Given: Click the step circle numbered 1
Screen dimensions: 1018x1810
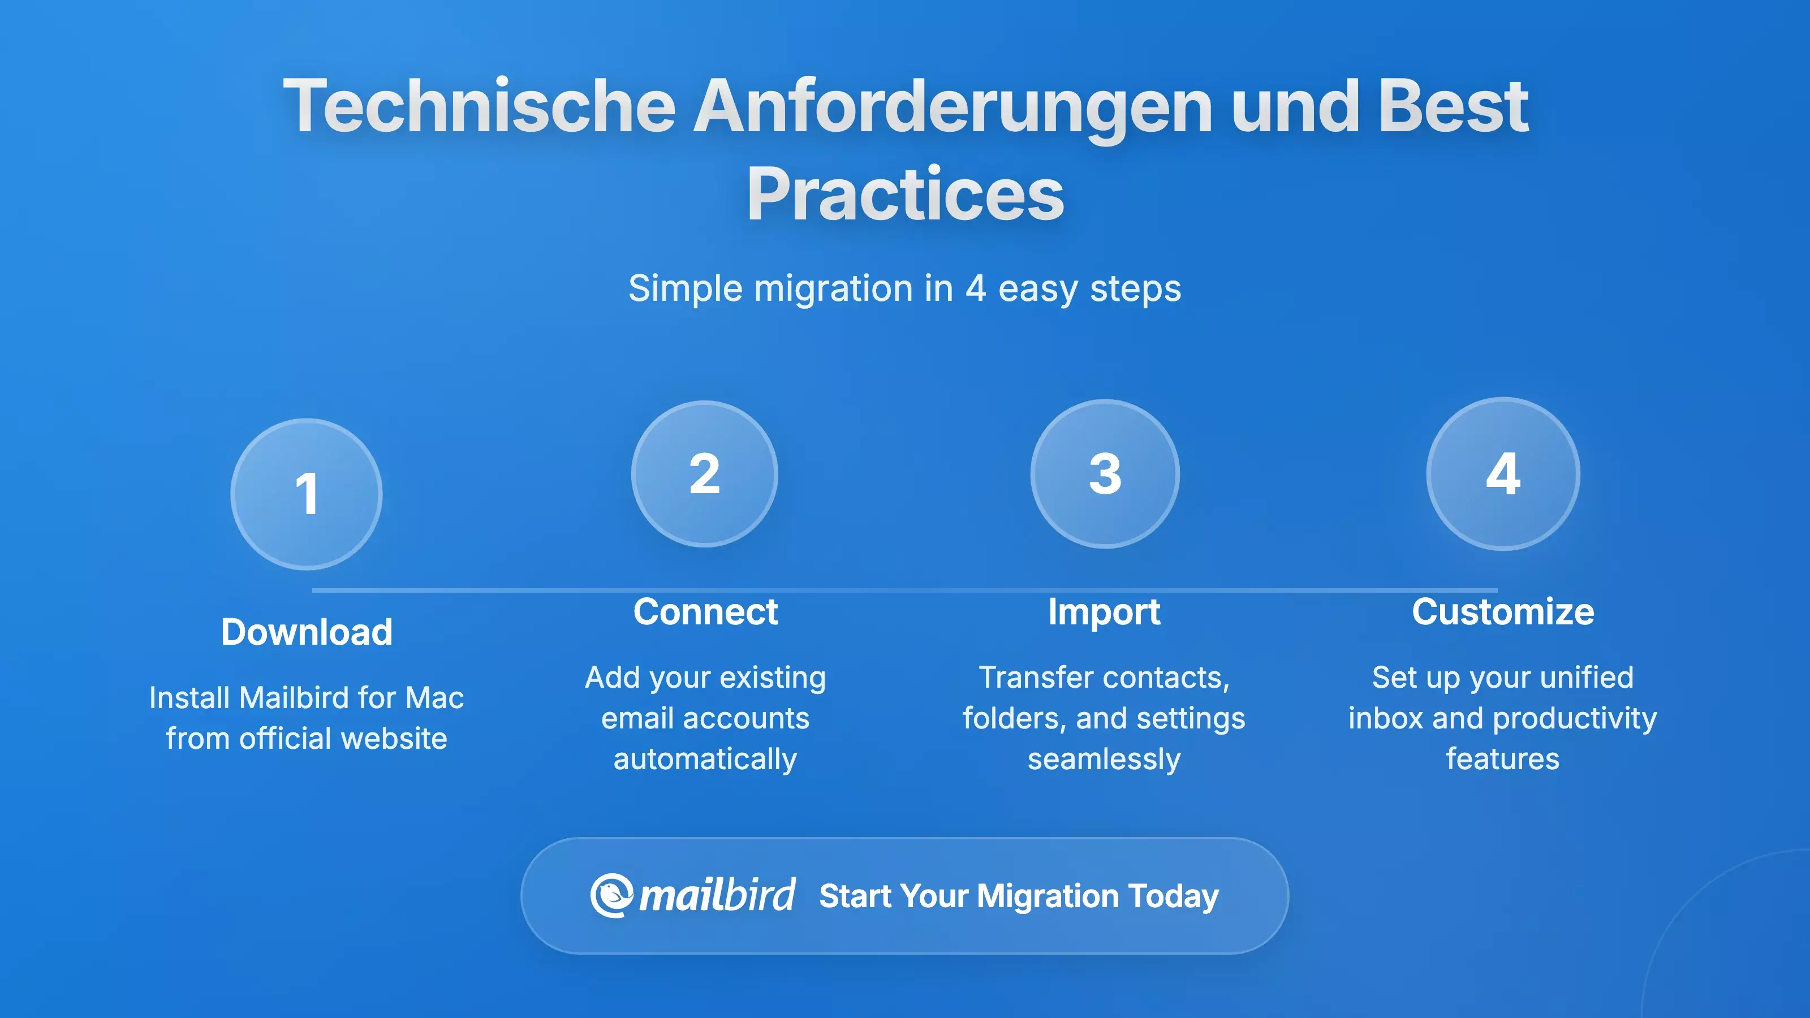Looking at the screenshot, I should click(307, 494).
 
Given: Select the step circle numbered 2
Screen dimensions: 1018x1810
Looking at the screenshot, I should click(704, 473).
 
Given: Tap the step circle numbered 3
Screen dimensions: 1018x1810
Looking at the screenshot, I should click(1105, 473).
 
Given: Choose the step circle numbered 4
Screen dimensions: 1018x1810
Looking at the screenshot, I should click(1503, 473).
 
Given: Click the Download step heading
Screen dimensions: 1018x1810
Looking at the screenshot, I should click(307, 632).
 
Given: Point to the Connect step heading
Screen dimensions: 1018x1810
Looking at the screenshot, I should click(705, 611).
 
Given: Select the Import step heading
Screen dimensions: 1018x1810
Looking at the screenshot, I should click(1104, 612).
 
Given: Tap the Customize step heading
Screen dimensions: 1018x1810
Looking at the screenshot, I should click(1503, 611).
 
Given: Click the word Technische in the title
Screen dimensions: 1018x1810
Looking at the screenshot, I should click(479, 106).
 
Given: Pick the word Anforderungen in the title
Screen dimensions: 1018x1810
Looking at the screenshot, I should click(953, 106).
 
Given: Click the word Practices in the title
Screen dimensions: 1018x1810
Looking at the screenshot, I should click(905, 195).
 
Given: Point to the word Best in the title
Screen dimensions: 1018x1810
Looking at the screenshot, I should click(1453, 106).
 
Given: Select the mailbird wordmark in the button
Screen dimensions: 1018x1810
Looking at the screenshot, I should click(717, 896).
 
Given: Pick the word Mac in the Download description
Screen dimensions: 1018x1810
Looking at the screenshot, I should click(434, 698).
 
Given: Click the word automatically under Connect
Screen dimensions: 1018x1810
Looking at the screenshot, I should click(705, 759).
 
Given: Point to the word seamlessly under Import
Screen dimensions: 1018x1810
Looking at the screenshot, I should click(1104, 759).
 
